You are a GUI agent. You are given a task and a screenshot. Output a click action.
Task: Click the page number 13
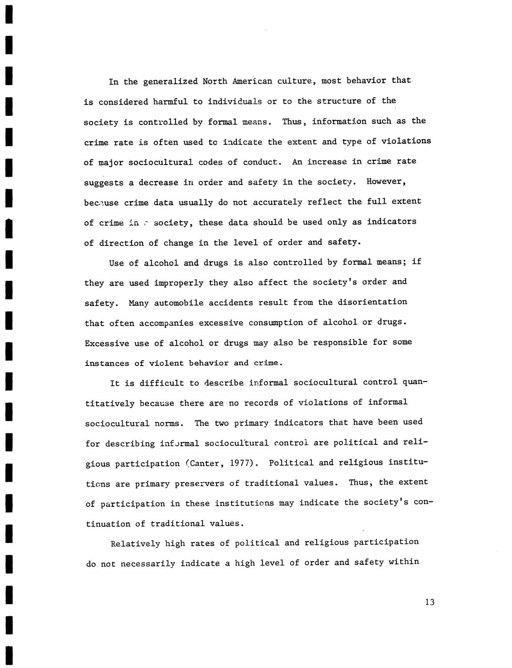coord(430,602)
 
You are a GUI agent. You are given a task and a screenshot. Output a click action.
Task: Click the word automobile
coord(179,303)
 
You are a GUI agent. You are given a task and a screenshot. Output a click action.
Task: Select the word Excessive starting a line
coord(107,343)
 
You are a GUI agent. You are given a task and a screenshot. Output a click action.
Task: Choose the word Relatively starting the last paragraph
coord(135,544)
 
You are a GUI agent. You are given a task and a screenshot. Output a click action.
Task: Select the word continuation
coord(116,524)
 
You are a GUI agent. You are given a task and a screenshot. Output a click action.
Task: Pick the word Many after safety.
coord(139,303)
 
